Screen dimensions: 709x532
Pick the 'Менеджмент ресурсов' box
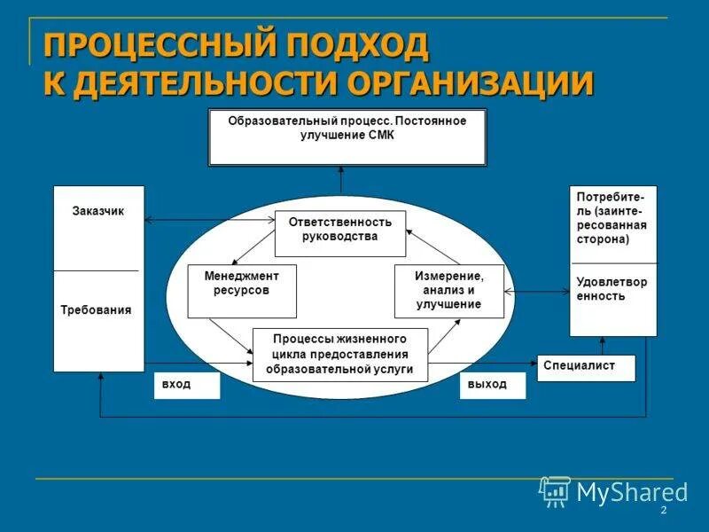[242, 290]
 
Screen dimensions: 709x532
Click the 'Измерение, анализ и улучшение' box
[448, 290]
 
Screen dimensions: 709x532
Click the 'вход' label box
[186, 386]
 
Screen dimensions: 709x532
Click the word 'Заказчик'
[97, 212]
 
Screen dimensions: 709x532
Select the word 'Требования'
[96, 310]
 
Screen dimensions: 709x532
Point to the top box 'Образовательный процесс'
[347, 137]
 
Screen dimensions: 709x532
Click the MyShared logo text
[632, 492]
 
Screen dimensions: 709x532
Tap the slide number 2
[662, 513]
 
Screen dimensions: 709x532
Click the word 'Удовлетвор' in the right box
[612, 282]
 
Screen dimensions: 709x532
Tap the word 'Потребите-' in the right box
[611, 196]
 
